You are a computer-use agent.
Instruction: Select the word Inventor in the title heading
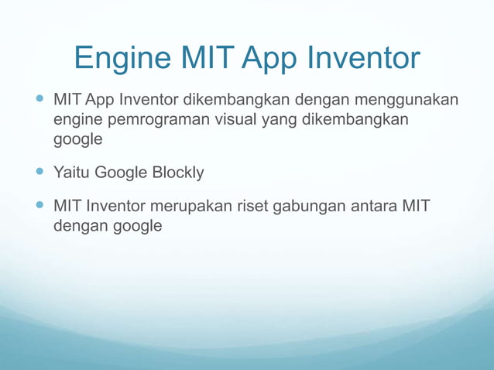click(x=366, y=59)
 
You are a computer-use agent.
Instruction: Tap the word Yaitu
click(x=71, y=172)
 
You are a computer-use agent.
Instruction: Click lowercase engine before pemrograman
click(x=77, y=121)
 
